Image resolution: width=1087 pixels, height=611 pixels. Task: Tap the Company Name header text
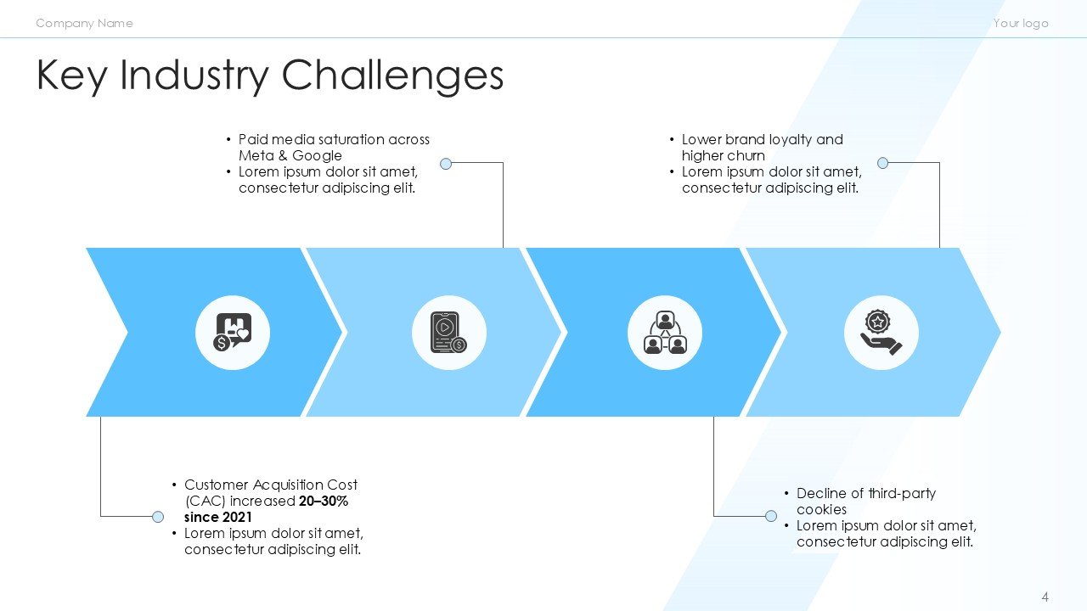[x=84, y=23]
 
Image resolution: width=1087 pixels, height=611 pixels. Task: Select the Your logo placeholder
[x=1021, y=23]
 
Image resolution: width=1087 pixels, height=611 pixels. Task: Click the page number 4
[x=1045, y=597]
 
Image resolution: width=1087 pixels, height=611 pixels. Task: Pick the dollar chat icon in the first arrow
[x=233, y=333]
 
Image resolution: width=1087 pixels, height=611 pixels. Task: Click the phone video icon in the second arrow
[x=448, y=333]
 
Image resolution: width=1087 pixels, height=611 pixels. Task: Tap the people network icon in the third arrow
[x=665, y=333]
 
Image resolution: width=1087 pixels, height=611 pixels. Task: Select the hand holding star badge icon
[x=881, y=333]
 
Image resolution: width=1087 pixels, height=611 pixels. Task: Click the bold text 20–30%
[x=324, y=501]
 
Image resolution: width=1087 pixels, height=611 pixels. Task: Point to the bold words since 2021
[x=218, y=517]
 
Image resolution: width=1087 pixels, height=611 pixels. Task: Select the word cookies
[x=821, y=509]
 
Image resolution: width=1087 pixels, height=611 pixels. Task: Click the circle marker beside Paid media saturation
[x=446, y=163]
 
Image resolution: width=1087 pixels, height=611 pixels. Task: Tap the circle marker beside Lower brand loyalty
[x=882, y=163]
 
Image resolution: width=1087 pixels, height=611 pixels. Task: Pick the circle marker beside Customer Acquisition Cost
[x=157, y=516]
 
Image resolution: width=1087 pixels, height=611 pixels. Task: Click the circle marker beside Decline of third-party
[x=771, y=516]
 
